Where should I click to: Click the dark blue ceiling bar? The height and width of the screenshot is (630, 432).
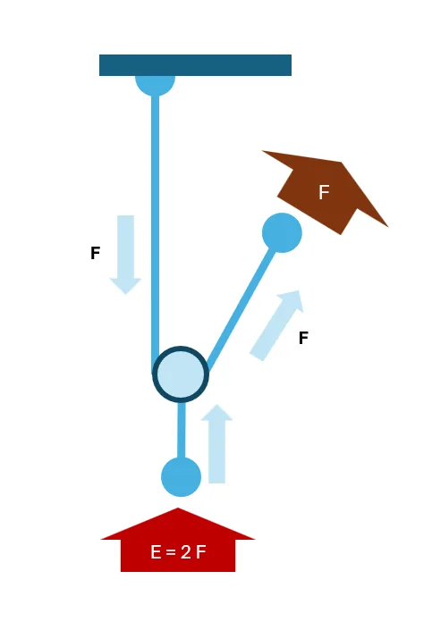195,65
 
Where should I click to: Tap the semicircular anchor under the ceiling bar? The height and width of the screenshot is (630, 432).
156,85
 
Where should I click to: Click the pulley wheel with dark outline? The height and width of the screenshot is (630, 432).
181,374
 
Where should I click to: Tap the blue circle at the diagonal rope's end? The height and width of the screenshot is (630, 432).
282,233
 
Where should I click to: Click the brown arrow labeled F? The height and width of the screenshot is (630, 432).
325,192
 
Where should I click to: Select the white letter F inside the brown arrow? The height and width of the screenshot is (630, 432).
324,192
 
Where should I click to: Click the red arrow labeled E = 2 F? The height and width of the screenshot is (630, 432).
178,540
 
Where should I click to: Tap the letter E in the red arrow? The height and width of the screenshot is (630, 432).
156,552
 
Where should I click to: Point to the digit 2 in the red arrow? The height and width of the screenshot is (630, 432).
186,552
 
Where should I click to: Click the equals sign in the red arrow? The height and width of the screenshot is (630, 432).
171,552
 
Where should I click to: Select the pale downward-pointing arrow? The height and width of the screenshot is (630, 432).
125,255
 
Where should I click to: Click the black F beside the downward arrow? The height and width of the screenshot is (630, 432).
96,253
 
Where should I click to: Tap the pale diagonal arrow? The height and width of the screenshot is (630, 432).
276,325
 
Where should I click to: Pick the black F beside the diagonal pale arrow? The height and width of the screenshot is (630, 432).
304,338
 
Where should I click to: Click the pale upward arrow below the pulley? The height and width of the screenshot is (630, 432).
216,443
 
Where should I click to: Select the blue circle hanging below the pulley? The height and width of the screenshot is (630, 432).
181,477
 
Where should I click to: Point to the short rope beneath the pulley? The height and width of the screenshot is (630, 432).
182,430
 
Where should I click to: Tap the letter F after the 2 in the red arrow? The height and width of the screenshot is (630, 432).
201,552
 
